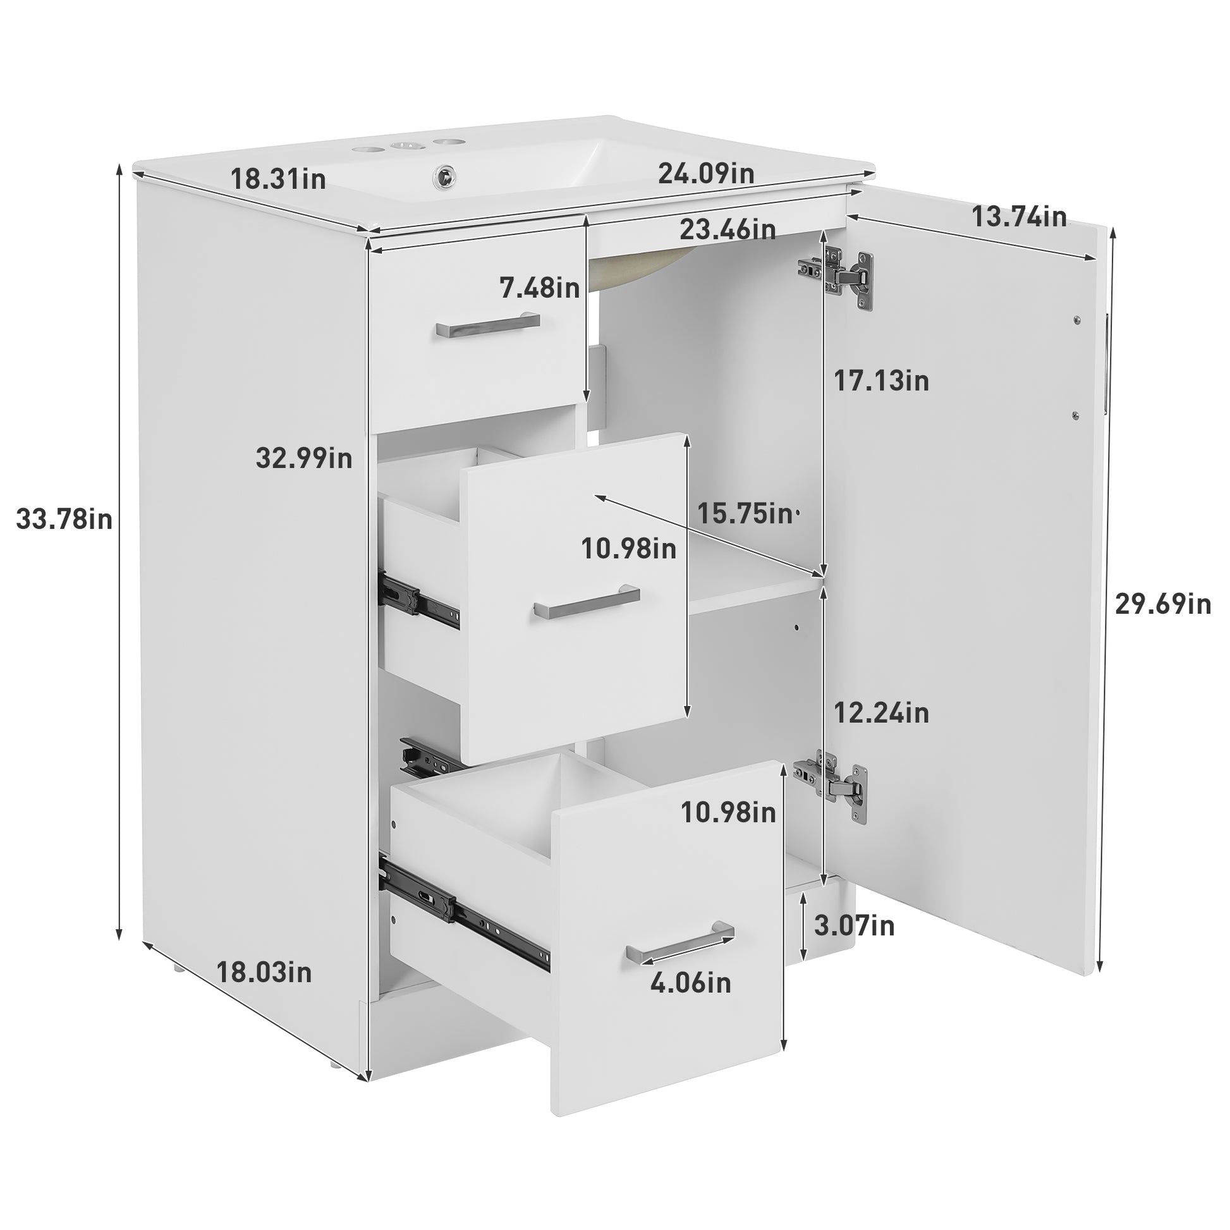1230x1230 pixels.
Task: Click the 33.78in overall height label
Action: [x=64, y=520]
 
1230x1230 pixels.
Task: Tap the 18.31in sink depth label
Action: [x=278, y=179]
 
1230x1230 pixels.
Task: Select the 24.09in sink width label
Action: [x=706, y=173]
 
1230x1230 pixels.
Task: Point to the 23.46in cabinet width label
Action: [x=728, y=229]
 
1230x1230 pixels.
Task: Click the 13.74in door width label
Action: [x=1019, y=217]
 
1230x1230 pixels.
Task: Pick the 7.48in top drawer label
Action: [x=540, y=288]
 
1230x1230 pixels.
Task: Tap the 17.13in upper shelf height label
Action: [x=881, y=381]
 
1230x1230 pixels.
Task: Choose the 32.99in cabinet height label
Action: [x=303, y=458]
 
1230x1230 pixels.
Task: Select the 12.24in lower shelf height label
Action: [x=881, y=713]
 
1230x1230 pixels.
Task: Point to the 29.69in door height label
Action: [x=1162, y=604]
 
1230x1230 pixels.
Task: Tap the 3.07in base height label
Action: [x=855, y=926]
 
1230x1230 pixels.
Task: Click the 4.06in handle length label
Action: [x=690, y=983]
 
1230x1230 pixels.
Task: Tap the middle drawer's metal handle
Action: [x=587, y=600]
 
